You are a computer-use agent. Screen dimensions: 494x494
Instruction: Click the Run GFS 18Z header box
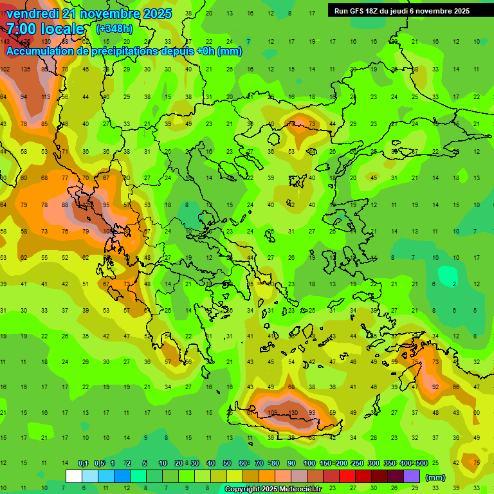(402, 11)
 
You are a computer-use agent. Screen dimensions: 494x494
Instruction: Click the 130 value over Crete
(293, 412)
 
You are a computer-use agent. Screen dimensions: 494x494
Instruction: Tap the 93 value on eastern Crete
(312, 412)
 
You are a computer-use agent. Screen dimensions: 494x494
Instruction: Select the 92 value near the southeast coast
(435, 387)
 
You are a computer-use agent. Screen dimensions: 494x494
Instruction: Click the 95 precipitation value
(106, 205)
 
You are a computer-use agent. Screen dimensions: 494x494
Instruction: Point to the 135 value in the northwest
(26, 69)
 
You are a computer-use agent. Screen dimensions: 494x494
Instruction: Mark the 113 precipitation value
(46, 97)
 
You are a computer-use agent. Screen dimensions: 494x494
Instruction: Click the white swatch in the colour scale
(74, 476)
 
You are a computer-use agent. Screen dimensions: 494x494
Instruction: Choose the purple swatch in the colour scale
(411, 476)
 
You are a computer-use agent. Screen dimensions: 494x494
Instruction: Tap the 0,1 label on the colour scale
(83, 463)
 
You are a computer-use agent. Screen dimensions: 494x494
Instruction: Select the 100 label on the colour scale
(309, 463)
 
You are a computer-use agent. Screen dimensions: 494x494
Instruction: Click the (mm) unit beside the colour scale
(435, 477)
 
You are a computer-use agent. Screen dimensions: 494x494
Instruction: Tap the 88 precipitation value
(65, 205)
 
